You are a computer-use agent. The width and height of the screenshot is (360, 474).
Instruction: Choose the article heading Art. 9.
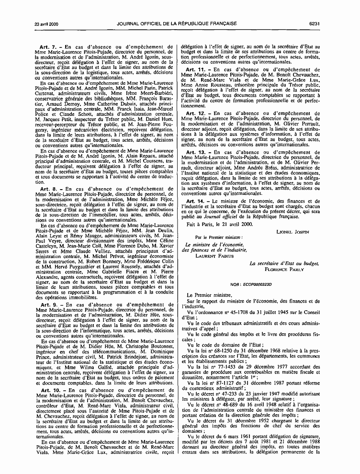49,291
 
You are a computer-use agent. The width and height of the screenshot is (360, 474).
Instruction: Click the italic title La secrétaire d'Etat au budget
284,264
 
